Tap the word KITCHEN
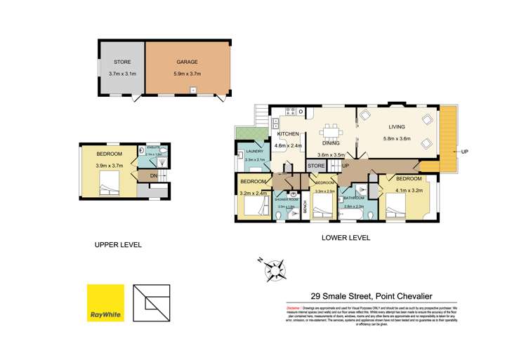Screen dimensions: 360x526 pos(289,133)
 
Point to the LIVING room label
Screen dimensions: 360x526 pos(398,127)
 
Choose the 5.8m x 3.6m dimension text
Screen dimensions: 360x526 pos(398,138)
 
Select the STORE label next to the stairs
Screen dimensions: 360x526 pos(316,166)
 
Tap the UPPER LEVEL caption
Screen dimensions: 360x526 pos(118,245)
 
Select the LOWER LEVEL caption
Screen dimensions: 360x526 pos(346,238)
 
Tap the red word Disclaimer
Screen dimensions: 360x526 pos(294,308)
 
